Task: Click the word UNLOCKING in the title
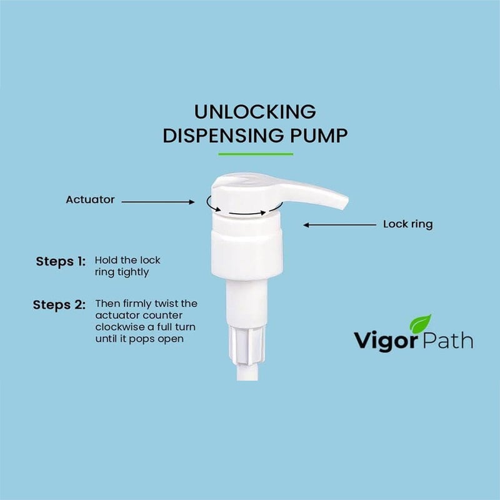(254, 112)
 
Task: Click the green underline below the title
(255, 153)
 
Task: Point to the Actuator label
(90, 200)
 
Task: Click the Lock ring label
(407, 224)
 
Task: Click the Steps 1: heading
(60, 261)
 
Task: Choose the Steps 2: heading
(59, 306)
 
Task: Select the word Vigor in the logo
(381, 341)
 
